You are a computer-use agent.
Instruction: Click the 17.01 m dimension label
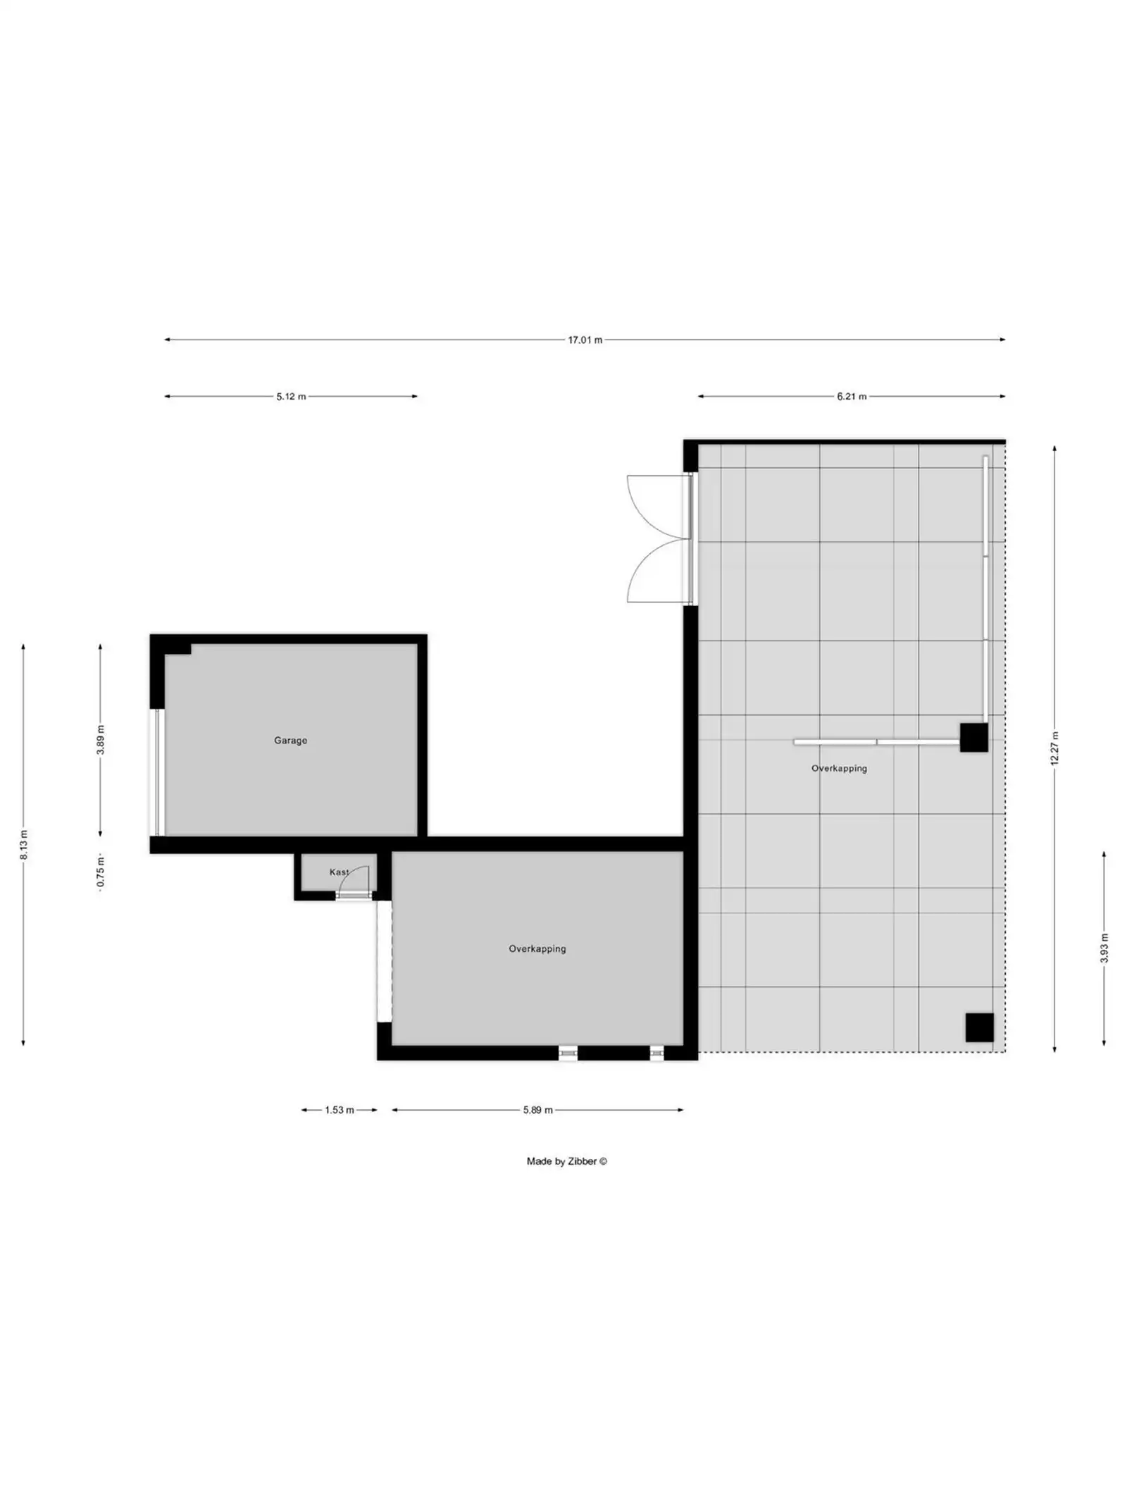(585, 340)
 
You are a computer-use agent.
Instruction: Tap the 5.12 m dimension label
(291, 397)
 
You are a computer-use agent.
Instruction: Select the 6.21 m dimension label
(852, 397)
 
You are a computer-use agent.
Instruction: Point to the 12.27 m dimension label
(1054, 748)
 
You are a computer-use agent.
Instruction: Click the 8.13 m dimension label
(24, 845)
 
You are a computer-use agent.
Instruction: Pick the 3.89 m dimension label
(101, 740)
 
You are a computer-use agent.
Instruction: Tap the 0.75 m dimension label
(101, 872)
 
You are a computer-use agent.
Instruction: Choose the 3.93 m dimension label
(1104, 948)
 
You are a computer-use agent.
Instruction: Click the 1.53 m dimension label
(339, 1110)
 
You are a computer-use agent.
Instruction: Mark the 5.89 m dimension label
(537, 1110)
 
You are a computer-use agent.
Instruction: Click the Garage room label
(290, 741)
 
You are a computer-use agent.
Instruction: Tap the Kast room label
(338, 872)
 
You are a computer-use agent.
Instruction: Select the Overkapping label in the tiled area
(839, 769)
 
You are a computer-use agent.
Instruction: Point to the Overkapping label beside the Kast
(537, 949)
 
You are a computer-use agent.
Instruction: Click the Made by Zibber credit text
(566, 1161)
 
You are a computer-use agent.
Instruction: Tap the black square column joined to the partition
(973, 737)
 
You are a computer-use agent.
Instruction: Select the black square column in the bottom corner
(979, 1027)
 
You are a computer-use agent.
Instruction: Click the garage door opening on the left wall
(158, 772)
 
